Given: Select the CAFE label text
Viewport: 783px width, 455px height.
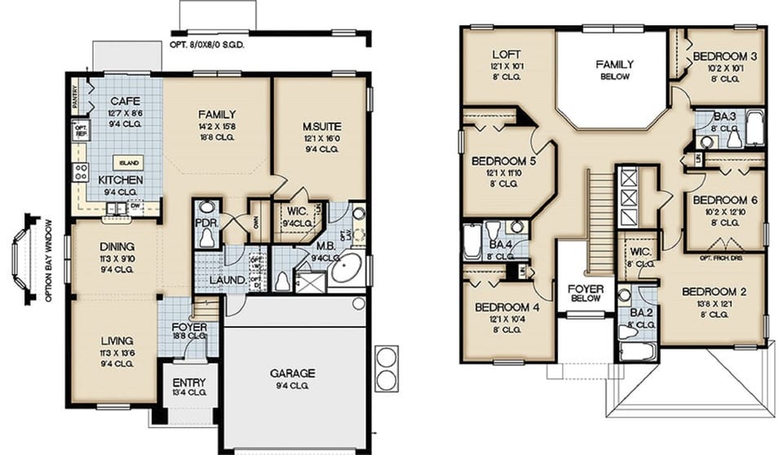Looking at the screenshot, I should pyautogui.click(x=126, y=100).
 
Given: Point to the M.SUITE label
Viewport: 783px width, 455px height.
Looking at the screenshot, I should pyautogui.click(x=321, y=127).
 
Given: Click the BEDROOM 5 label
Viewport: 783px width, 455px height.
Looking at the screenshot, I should pyautogui.click(x=504, y=161).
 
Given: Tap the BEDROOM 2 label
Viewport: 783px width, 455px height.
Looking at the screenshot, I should pyautogui.click(x=713, y=292).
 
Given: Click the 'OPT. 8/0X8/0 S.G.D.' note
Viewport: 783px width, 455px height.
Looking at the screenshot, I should pyautogui.click(x=207, y=45).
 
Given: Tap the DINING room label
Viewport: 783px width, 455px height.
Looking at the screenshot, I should pyautogui.click(x=117, y=246).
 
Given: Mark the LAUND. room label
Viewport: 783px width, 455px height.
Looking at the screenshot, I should pyautogui.click(x=229, y=281).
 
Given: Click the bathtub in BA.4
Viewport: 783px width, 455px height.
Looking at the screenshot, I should pyautogui.click(x=472, y=241).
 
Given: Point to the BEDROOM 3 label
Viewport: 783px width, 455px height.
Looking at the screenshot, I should pyautogui.click(x=725, y=56).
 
